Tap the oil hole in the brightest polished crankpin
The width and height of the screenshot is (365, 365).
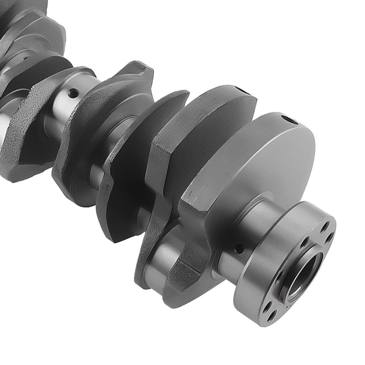pos(73,93)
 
